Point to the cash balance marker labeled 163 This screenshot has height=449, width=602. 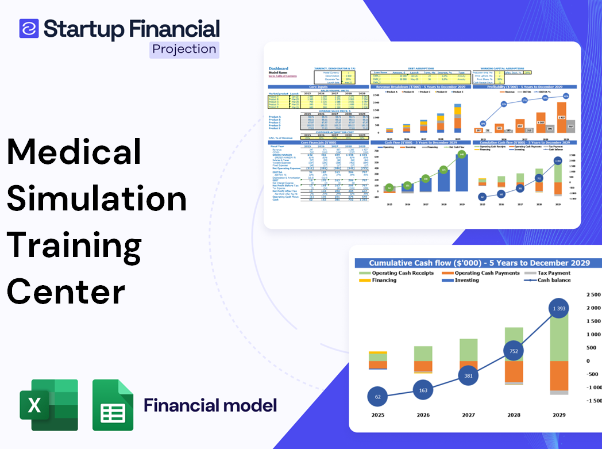pos(423,390)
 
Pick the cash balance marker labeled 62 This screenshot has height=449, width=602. pos(377,396)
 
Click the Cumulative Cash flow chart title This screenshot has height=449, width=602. pos(479,263)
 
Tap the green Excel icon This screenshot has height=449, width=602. pos(49,405)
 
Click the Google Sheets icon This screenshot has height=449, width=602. pos(113,405)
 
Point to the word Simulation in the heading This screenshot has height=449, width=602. pos(97,199)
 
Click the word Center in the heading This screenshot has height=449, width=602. pos(66,291)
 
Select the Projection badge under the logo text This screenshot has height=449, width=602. pos(184,49)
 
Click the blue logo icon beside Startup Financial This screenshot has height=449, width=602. pos(29,28)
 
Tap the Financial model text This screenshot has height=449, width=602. pos(210,405)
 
